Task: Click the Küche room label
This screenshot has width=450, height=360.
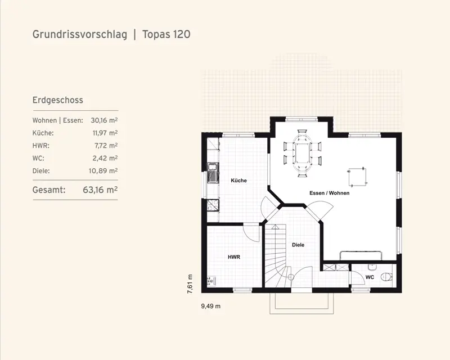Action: point(238,181)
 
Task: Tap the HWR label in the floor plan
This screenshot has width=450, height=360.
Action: point(234,257)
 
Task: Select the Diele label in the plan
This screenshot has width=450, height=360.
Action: point(298,245)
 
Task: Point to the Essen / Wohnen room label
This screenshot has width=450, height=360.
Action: point(330,193)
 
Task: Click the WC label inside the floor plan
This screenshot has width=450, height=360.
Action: point(370,277)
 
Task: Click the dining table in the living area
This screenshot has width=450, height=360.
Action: point(302,154)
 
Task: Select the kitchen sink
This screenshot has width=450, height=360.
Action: point(213,173)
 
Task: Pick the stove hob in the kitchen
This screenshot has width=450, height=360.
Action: point(213,205)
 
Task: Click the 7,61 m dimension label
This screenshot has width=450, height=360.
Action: point(190,284)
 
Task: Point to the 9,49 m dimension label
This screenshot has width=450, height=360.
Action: point(211,307)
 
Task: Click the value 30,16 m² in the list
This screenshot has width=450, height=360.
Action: point(104,120)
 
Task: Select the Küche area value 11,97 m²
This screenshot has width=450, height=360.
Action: point(105,133)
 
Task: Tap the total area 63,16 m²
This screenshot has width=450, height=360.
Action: point(100,190)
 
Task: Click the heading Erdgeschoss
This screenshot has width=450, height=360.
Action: point(58,100)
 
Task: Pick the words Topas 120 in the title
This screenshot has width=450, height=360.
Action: point(166,34)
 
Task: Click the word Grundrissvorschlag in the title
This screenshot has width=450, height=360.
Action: point(80,34)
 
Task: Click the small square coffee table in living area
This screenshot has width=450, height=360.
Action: point(357,177)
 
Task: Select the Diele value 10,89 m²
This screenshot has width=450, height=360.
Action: point(103,171)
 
